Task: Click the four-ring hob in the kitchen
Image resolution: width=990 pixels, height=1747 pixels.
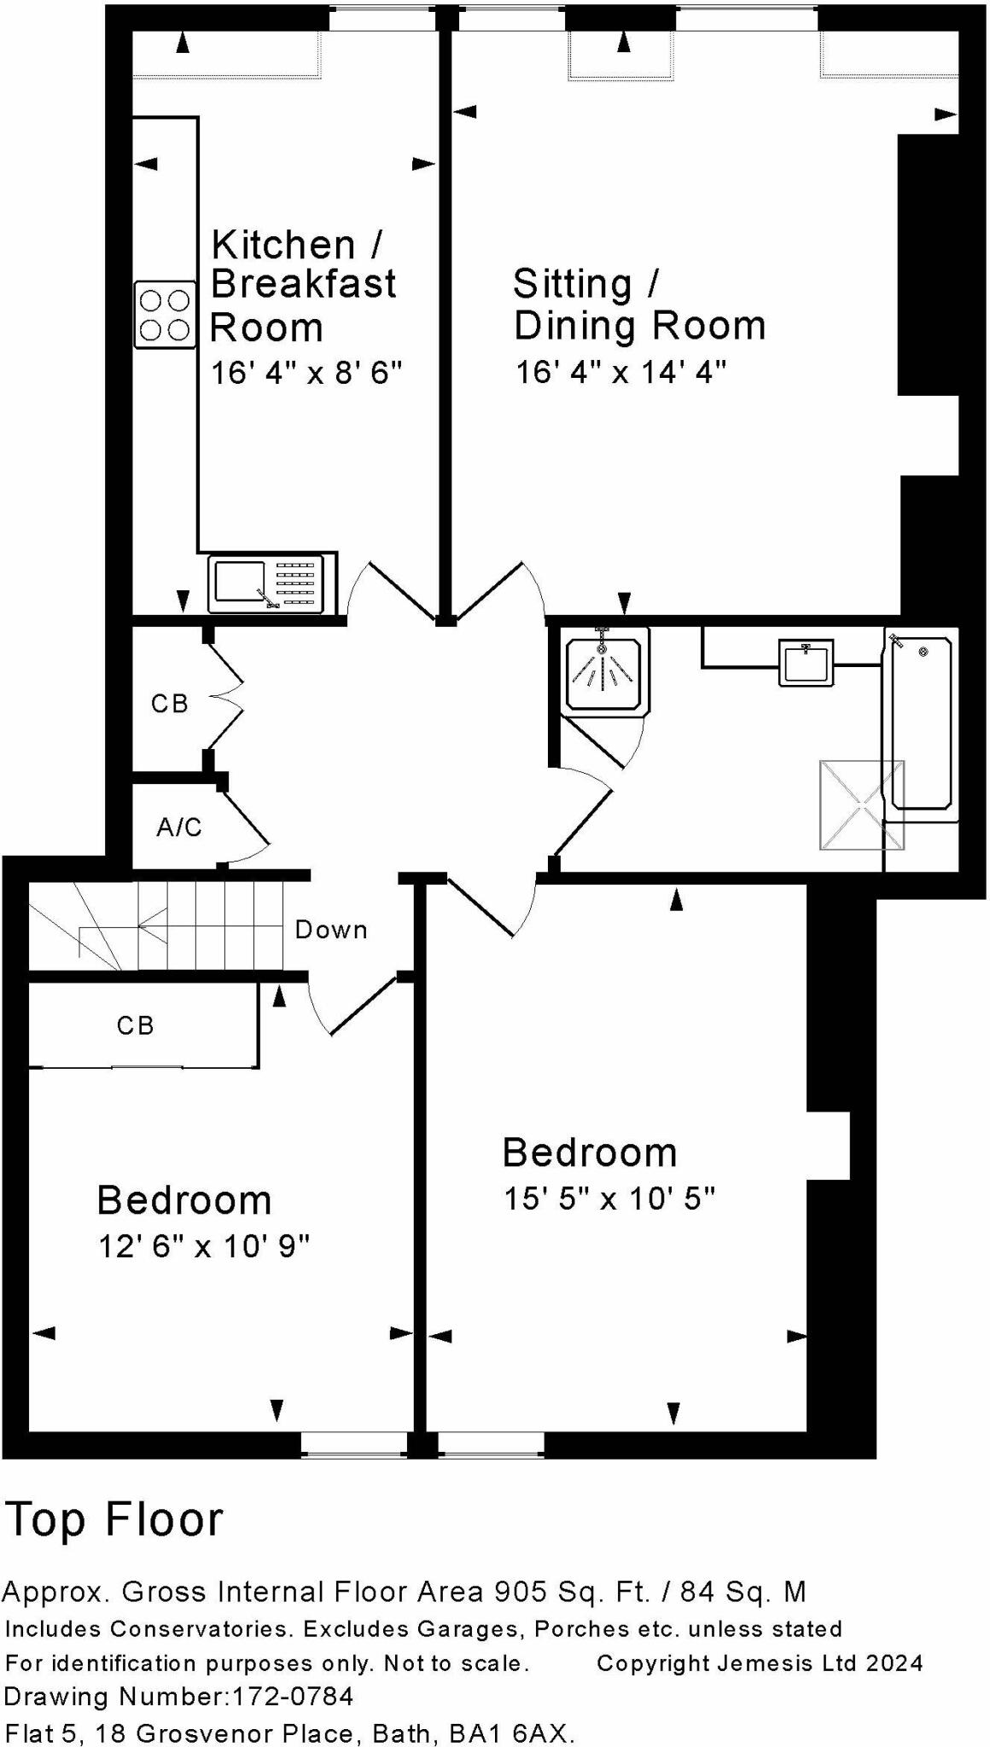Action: [x=165, y=315]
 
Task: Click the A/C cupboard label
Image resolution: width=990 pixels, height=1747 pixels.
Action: [x=179, y=827]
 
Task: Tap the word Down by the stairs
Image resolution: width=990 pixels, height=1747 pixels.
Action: [x=331, y=930]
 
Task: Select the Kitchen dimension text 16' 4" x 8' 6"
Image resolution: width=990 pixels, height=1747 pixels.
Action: [x=306, y=373]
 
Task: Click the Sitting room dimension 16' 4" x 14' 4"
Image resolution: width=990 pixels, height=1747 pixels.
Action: [x=620, y=372]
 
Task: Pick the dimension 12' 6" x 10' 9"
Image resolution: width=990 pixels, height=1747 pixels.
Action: [x=203, y=1247]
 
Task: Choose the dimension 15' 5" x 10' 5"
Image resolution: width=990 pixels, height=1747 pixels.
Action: [x=609, y=1199]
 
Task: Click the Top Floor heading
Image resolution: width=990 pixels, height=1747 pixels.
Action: [x=114, y=1520]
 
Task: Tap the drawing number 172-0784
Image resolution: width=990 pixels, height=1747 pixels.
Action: [x=293, y=1697]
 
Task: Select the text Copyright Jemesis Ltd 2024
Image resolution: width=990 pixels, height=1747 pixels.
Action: [x=760, y=1663]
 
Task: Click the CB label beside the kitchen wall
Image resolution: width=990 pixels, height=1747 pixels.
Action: [x=169, y=703]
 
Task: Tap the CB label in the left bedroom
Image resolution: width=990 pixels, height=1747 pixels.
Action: [x=136, y=1024]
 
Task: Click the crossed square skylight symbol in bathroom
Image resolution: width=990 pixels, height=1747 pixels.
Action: [x=861, y=805]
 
